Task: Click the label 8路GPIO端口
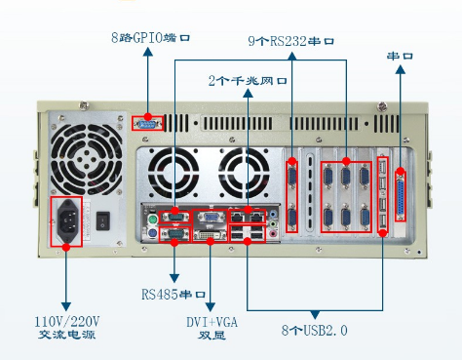point(150,38)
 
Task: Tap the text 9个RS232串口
point(291,41)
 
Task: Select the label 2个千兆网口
point(248,80)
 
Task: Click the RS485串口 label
point(173,295)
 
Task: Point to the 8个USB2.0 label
point(315,330)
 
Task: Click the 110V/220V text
point(67,322)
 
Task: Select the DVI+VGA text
point(212,322)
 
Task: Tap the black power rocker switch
point(103,220)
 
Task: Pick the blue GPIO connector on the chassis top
point(147,124)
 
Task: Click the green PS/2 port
point(152,220)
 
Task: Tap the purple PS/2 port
point(152,233)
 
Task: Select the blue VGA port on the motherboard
point(211,217)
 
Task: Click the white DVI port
point(210,235)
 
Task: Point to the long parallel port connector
point(401,197)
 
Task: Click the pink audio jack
point(273,233)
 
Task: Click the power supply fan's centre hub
point(87,159)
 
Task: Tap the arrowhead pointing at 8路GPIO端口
point(148,52)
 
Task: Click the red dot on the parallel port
point(401,172)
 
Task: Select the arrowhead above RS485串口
point(174,278)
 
